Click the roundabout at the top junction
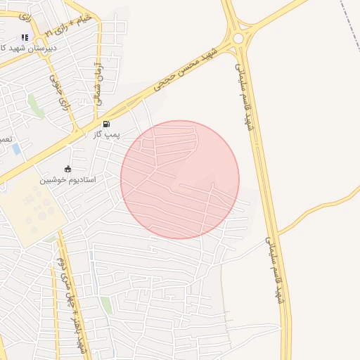pos(238,38)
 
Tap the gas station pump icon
pos(106,124)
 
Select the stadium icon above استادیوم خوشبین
pos(67,169)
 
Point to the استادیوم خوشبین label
pos(67,179)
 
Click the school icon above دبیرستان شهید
pos(25,37)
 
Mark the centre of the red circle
pos(180,180)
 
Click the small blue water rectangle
pos(16,149)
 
